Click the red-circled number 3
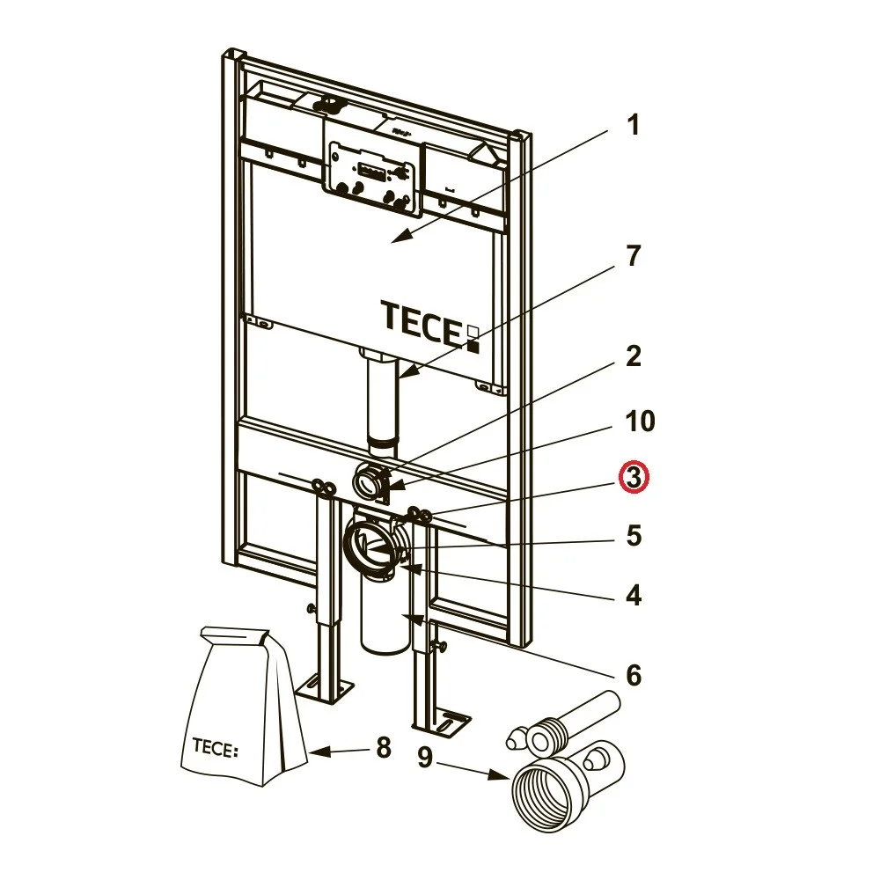coord(633,478)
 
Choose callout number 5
coord(633,535)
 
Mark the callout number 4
coord(633,596)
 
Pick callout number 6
coord(633,675)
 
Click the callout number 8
coord(382,749)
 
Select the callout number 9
coord(425,757)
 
